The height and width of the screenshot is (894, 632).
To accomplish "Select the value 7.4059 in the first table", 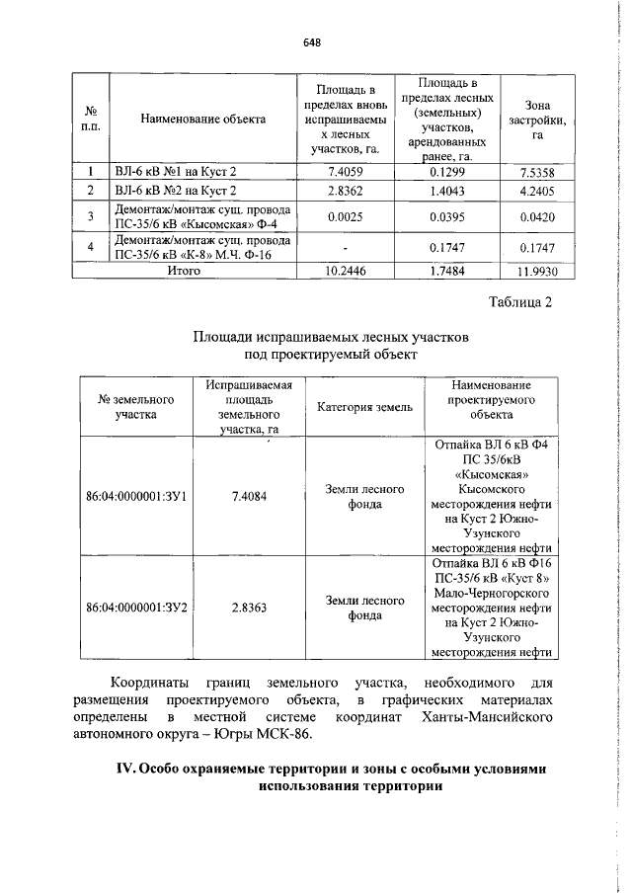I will [x=345, y=172].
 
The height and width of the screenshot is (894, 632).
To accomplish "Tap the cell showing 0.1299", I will [x=444, y=172].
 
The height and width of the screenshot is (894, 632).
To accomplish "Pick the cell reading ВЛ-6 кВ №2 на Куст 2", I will [x=176, y=191].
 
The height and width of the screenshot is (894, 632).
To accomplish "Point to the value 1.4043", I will [x=444, y=191].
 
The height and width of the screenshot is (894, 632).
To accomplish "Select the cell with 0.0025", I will [x=345, y=216].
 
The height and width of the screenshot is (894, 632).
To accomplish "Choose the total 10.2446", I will [x=345, y=270].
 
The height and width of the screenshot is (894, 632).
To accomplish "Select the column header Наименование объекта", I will [x=203, y=120].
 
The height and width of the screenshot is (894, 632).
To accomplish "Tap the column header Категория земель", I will [x=365, y=407].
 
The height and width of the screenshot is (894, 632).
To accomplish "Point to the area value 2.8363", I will [x=248, y=609].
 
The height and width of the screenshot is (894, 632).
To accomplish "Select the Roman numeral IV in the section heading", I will [x=126, y=769].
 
